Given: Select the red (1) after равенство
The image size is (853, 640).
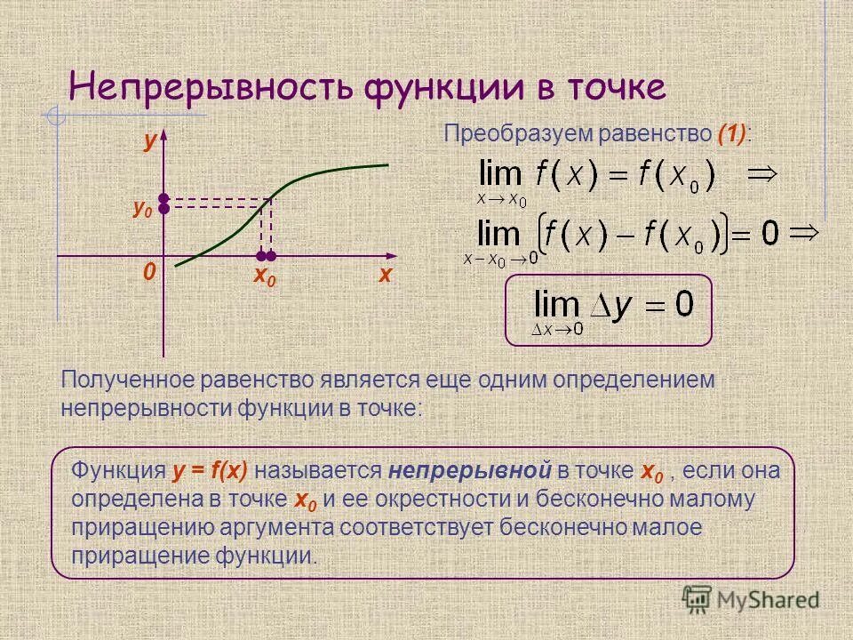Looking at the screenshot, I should [x=733, y=134].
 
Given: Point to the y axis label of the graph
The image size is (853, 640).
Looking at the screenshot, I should [x=150, y=142].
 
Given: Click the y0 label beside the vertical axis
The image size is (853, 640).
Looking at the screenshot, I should [x=142, y=209].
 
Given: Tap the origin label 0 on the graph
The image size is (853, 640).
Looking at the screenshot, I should [x=148, y=271].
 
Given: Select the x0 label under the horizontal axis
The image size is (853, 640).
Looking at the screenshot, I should [x=265, y=276].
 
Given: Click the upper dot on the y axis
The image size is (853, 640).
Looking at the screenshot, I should [x=164, y=197].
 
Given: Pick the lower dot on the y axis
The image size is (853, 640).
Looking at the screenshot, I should [x=164, y=209].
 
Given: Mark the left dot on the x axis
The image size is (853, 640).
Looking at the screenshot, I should [x=261, y=256].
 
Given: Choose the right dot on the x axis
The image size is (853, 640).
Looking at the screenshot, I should [x=273, y=256].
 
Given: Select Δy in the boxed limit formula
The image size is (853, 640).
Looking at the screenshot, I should [x=622, y=304].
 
